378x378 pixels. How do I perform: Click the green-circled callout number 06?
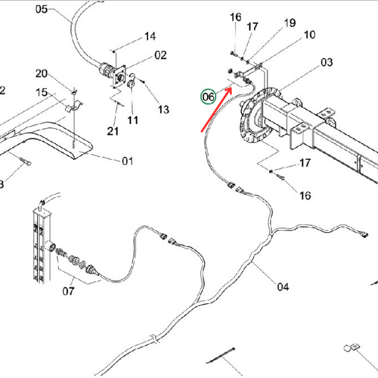coord(208,96)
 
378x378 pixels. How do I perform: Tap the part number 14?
coord(150,37)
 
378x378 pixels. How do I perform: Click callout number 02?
coord(160,55)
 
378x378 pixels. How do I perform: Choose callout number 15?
coord(42,93)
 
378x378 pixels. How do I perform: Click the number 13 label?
coord(163,110)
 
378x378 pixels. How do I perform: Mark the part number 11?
coord(133,118)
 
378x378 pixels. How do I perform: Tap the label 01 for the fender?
coord(127,161)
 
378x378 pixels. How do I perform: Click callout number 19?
coord(289,23)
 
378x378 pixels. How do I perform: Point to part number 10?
coord(309,35)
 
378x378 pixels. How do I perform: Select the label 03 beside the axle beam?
coord(326,62)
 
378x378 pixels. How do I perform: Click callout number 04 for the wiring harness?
coord(282,287)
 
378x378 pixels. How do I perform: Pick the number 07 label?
coord(68,291)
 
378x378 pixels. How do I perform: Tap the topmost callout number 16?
coord(235,16)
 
